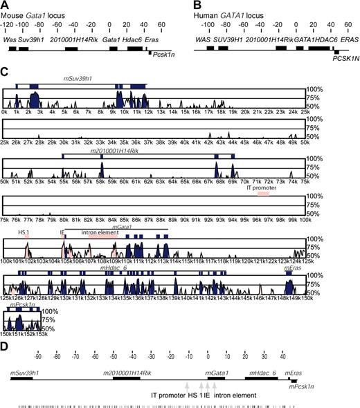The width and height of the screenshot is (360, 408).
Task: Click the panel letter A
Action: coord(6,5)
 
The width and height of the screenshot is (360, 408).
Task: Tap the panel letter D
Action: coord(6,346)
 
